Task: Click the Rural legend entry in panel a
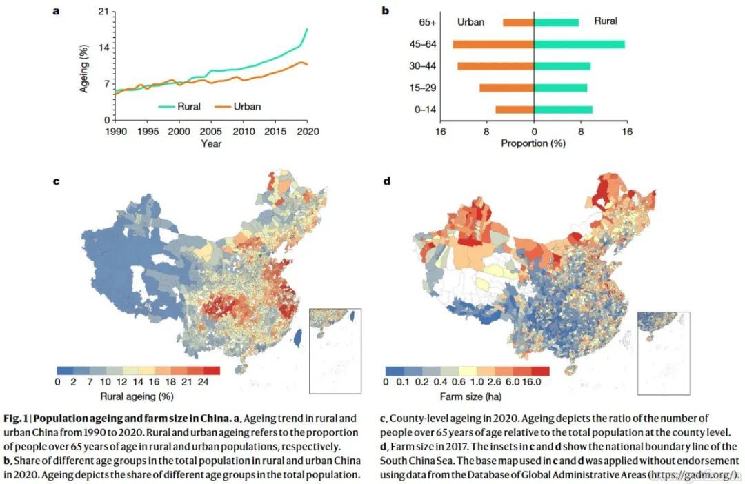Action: pos(188,107)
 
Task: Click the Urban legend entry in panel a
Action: pos(247,107)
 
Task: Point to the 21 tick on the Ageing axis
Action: pos(103,12)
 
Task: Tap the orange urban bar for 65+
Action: pos(518,23)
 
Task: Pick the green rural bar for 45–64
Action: pos(579,44)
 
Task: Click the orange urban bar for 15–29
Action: pos(506,88)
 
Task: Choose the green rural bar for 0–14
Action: pos(563,110)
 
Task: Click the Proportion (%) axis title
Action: pos(533,143)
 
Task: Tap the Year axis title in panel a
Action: pos(211,143)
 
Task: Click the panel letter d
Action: pos(386,181)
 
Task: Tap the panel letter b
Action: pos(386,10)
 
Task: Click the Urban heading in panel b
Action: pos(471,22)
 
